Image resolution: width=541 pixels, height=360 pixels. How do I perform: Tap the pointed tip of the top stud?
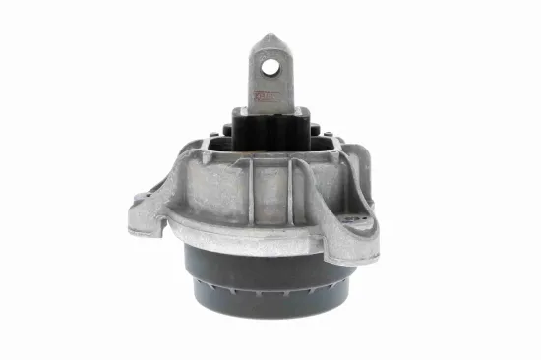point(270,37)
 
